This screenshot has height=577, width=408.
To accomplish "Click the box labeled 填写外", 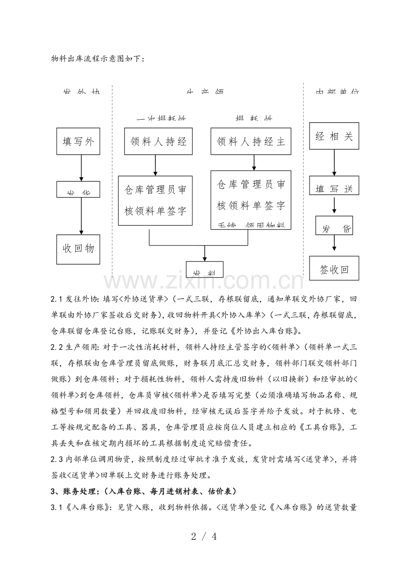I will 78,142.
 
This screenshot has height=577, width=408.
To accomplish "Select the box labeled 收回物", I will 78,249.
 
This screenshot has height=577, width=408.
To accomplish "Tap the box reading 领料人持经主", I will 251,141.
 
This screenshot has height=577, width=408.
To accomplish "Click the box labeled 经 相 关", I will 334,136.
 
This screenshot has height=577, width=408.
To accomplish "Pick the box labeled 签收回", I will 334,269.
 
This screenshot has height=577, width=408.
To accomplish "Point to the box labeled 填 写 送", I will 334,186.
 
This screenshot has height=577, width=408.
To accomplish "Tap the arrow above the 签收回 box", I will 334,245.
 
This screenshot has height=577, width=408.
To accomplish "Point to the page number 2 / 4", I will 204,537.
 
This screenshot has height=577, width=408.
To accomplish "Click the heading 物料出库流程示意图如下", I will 97,58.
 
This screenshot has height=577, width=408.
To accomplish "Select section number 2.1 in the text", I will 57,299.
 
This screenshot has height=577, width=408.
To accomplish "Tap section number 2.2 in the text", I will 57,347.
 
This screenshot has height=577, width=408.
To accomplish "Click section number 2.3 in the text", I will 57,460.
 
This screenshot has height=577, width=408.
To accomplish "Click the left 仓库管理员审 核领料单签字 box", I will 155,200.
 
